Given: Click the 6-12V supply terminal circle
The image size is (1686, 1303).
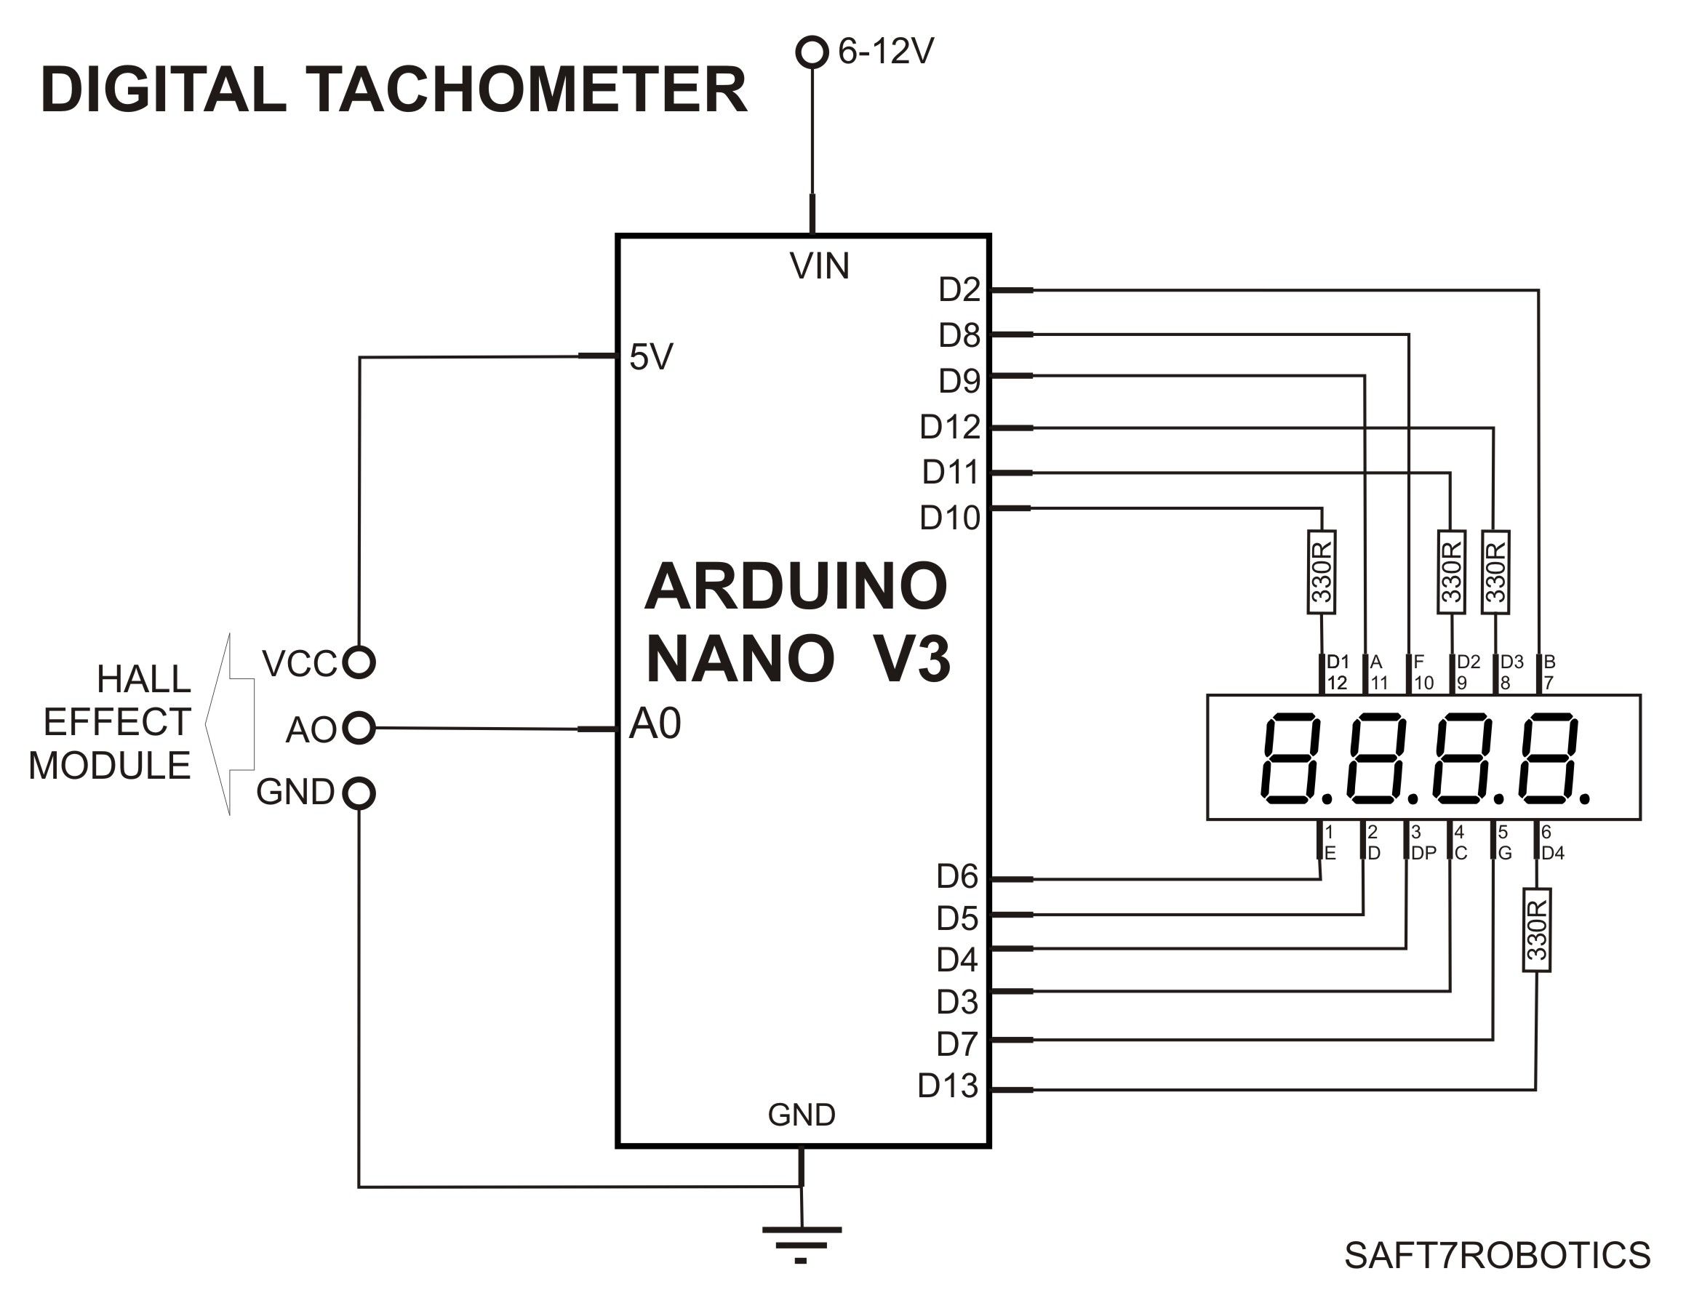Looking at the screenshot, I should pos(811,52).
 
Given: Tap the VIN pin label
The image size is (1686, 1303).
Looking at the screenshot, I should pos(819,266).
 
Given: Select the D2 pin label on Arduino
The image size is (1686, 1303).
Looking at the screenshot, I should pos(959,289).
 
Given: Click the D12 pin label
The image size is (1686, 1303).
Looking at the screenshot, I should pos(949,427).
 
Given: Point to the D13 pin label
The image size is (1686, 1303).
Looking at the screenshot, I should pos(947,1086).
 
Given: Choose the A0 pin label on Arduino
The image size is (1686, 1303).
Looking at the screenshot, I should pos(655,724).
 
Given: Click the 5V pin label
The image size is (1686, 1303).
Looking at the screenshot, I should pos(651,356).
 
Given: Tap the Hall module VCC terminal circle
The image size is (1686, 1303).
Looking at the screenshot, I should pos(358,662).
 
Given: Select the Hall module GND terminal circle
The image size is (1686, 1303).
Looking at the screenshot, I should pos(358,793).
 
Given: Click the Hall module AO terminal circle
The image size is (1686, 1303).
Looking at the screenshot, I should pos(358,727).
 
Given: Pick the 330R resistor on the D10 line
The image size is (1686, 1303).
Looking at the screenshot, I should pos(1322,572).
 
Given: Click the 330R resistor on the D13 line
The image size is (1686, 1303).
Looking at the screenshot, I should pos(1536,929).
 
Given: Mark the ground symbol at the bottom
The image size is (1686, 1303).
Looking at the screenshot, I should pos(802,1243).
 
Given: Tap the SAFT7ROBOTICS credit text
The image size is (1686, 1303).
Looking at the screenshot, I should pos(1497,1255).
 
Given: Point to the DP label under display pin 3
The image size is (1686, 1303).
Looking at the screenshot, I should pos(1423,853).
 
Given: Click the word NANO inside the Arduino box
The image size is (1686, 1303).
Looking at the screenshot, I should pos(740,659).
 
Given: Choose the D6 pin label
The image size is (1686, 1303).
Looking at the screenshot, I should pos(957,876).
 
